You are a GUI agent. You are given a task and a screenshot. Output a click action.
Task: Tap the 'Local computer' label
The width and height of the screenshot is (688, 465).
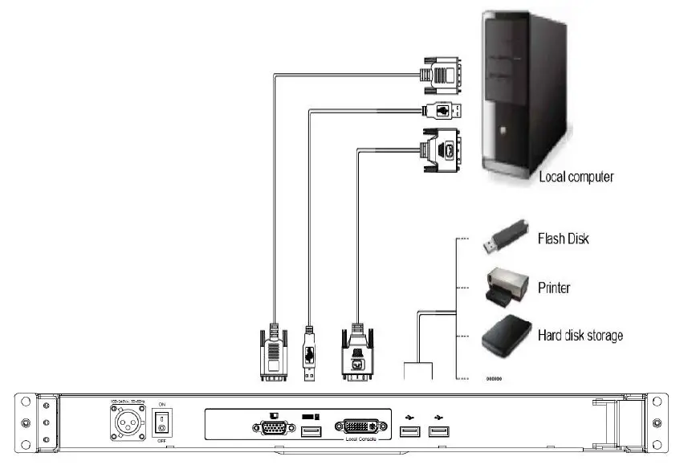[x=576, y=176]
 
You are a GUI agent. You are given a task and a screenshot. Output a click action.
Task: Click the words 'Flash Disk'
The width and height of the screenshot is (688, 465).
[x=563, y=239]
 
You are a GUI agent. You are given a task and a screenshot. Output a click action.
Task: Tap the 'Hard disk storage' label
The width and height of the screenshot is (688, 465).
[x=580, y=335]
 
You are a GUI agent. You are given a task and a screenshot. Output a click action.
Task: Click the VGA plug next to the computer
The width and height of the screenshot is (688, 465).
[x=442, y=77]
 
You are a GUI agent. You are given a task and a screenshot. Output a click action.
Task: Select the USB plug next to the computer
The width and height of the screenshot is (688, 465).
[x=441, y=112]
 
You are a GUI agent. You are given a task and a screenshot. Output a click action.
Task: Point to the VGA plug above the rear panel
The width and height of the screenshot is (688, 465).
[x=273, y=353]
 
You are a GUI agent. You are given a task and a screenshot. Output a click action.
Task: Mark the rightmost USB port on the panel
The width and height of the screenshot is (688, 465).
[x=438, y=433]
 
